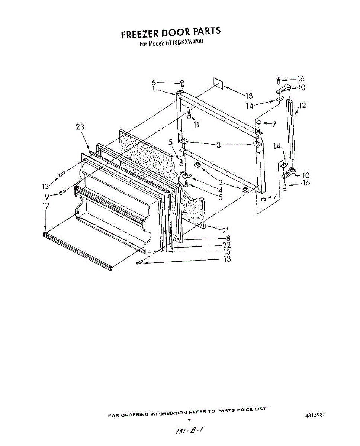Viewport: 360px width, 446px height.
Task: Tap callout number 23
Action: click(x=80, y=127)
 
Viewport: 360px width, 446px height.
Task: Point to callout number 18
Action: click(x=249, y=96)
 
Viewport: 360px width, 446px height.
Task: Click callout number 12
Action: click(x=303, y=106)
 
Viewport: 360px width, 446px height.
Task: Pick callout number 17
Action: click(x=46, y=206)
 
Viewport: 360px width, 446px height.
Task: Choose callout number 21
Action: click(x=225, y=230)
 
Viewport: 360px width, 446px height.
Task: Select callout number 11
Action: click(x=196, y=125)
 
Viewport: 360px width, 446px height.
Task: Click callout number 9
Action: click(x=47, y=197)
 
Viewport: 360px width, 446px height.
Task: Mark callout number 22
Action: click(x=226, y=245)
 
